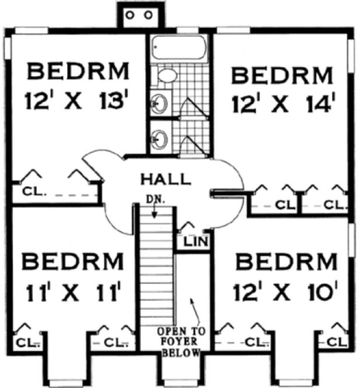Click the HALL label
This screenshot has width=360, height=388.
(165, 178)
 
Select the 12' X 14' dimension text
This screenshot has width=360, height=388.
(283, 106)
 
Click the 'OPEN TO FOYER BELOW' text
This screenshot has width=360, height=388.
(181, 341)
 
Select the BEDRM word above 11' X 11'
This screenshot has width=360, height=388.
(74, 259)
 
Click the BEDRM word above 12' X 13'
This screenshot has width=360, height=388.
(78, 72)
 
